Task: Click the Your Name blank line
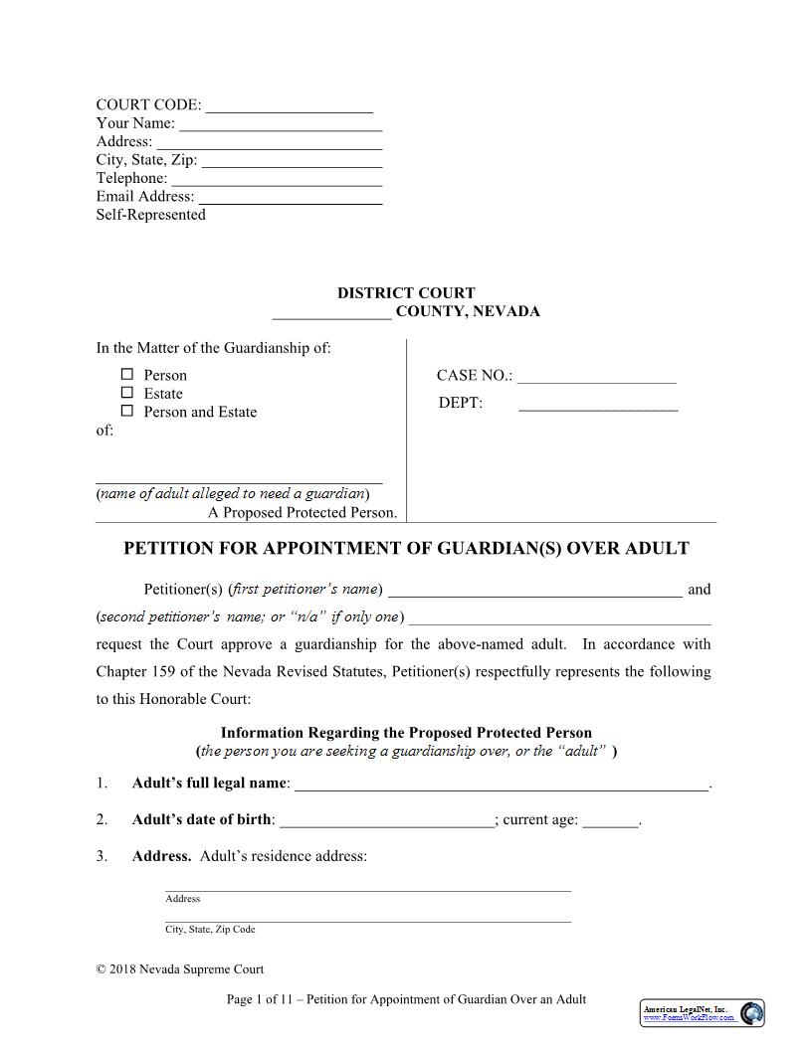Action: click(281, 124)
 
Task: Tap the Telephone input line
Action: click(277, 179)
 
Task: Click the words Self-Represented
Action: click(150, 215)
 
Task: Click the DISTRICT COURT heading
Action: click(406, 293)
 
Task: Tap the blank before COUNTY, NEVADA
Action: click(331, 312)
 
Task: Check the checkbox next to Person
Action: click(127, 375)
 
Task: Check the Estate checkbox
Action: click(127, 393)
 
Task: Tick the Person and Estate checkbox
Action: click(127, 411)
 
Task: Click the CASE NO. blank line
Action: click(596, 376)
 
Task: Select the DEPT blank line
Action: click(598, 404)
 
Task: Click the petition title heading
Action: click(406, 549)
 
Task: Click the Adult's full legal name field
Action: click(502, 785)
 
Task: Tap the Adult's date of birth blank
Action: click(386, 820)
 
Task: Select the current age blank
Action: click(609, 820)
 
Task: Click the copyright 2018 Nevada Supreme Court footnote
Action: click(180, 969)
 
